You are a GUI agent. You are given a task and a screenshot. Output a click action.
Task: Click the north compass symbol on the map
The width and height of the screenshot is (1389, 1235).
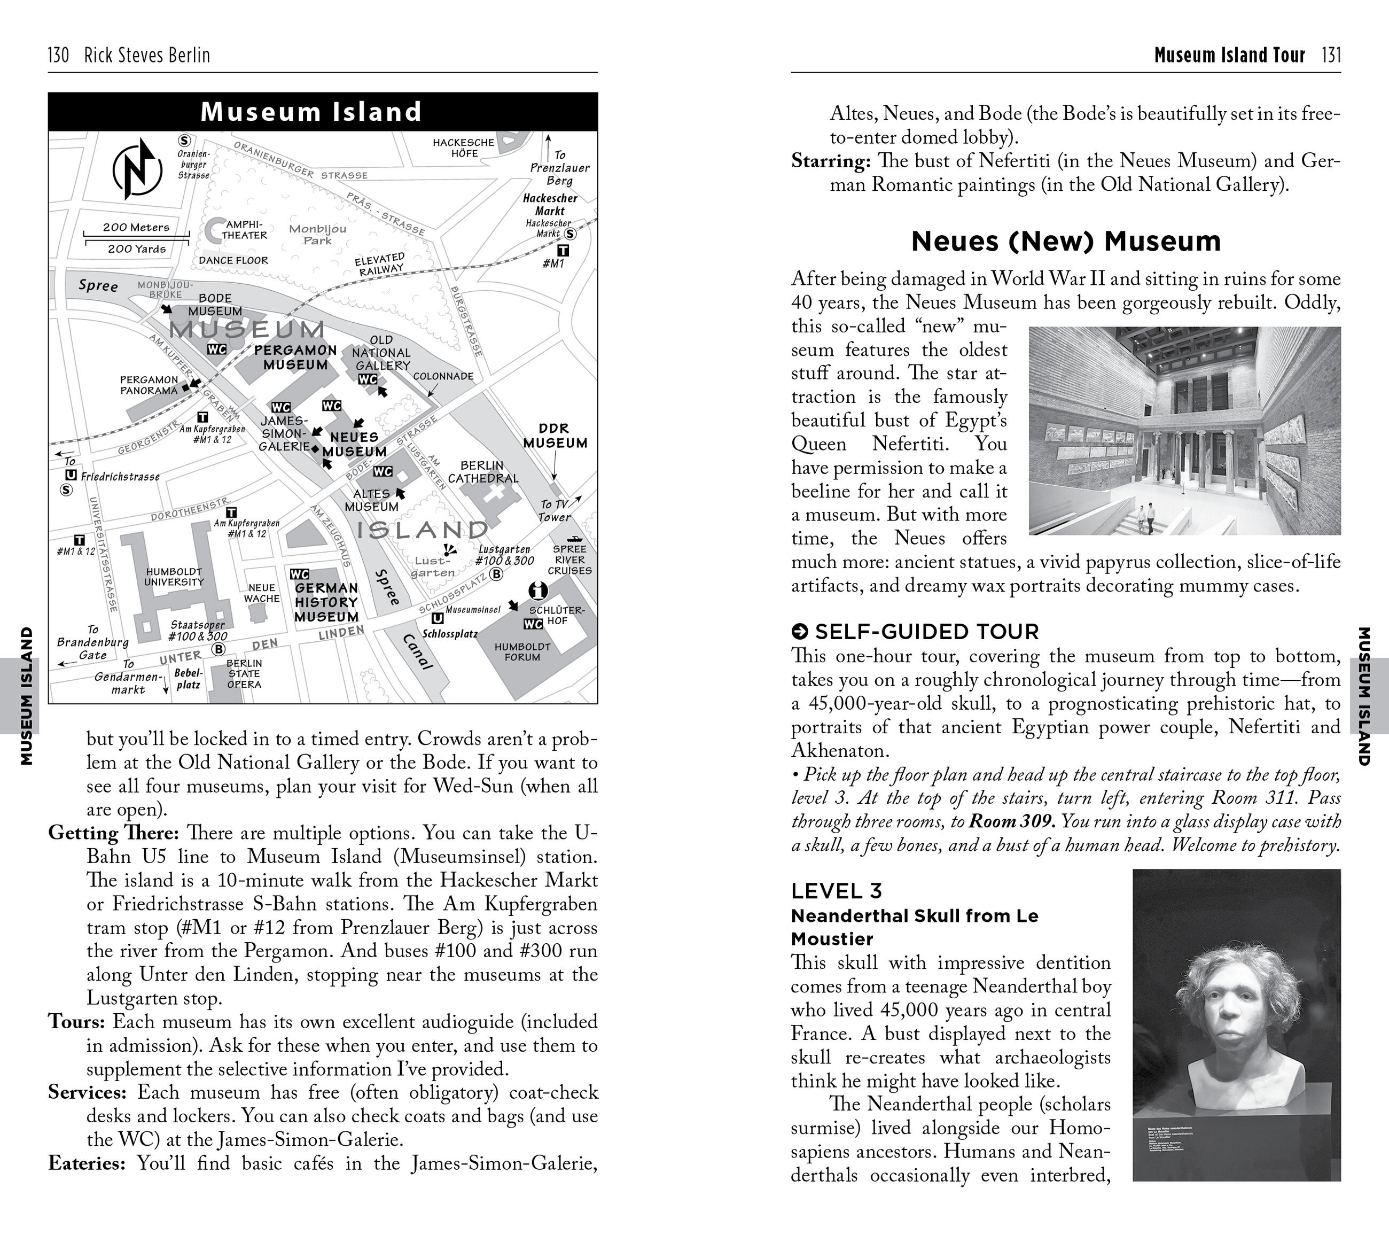coord(137,169)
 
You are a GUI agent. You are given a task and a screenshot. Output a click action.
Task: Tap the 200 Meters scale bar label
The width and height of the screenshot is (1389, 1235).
coord(136,228)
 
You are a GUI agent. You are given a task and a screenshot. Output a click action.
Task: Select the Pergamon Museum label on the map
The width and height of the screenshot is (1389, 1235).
coord(295,358)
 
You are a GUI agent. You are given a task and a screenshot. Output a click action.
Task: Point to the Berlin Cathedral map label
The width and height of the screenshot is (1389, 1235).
coord(482,472)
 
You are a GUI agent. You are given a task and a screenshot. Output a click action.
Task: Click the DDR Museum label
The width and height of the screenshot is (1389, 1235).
coord(555,436)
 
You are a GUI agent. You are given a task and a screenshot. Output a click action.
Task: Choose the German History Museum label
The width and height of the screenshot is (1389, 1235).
coord(326,602)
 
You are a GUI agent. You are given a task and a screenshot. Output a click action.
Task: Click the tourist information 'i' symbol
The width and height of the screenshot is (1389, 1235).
coord(538,589)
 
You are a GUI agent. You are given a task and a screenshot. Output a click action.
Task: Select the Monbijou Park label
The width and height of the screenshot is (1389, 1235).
coord(317,235)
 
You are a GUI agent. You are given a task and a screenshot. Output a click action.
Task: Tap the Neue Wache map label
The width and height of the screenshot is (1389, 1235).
coord(262,593)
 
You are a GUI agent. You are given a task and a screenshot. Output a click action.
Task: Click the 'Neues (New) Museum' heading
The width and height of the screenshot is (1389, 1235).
coord(1066,242)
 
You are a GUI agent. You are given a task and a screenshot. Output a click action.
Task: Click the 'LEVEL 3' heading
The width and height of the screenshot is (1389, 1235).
coord(837,890)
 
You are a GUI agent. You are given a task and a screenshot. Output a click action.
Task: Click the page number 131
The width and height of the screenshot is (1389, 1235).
coord(1331,55)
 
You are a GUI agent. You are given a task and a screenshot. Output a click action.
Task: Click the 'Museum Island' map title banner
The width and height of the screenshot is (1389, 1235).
coord(311,112)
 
